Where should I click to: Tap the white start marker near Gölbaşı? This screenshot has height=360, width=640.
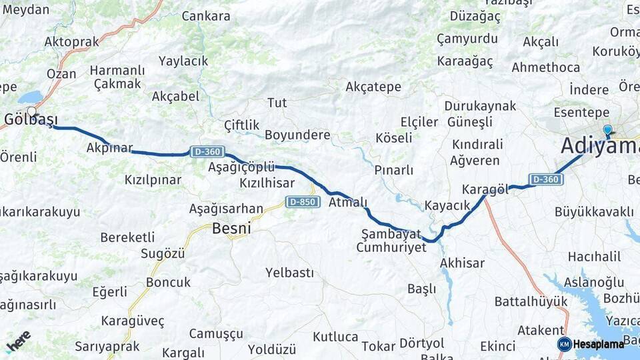tap(31, 111)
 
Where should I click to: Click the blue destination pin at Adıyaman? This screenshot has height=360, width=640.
tap(607, 130)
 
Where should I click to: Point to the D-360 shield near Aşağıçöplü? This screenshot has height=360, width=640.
tap(207, 152)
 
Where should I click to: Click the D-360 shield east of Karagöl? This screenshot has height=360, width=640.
tap(546, 179)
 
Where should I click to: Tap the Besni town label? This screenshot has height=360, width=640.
tap(231, 229)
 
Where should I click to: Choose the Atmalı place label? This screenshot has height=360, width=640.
tap(348, 203)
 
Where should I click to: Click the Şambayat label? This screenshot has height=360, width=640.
tap(391, 234)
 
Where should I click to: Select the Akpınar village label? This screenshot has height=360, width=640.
tap(109, 148)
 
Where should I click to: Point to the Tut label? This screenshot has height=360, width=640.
tap(277, 103)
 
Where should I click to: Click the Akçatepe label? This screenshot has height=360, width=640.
tap(373, 87)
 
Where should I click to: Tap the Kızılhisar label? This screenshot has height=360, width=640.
tap(267, 182)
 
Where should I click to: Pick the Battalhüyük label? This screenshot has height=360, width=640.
tap(531, 301)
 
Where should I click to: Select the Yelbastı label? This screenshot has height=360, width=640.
tap(289, 272)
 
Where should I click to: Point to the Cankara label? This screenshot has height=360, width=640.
tap(206, 16)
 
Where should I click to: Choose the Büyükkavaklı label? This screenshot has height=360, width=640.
tap(594, 212)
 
